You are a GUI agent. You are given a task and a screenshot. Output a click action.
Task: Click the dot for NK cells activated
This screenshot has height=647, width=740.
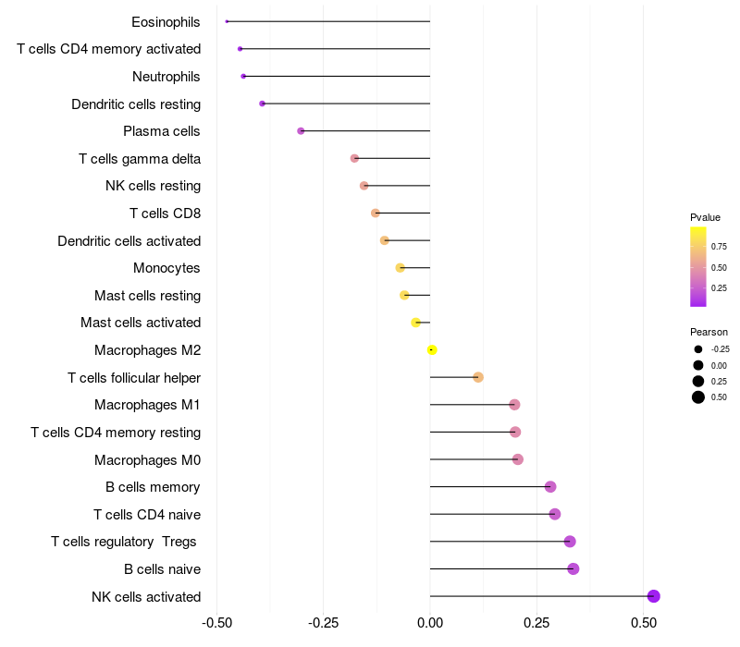click(x=653, y=596)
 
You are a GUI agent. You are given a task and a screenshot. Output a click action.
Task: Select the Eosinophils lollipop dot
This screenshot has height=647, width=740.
click(x=227, y=21)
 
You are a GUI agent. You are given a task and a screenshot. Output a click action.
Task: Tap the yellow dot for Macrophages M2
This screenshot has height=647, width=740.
click(x=432, y=350)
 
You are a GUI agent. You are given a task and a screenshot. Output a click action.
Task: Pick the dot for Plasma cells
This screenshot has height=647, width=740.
click(x=301, y=130)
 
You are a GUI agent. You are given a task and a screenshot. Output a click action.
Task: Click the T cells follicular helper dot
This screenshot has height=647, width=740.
click(x=478, y=377)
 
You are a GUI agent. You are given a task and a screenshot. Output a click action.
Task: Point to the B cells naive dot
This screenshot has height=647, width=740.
click(x=573, y=568)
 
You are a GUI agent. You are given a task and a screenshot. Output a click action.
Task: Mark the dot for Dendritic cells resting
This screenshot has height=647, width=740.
click(x=263, y=104)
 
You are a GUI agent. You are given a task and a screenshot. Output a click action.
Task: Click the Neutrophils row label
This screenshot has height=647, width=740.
click(x=166, y=77)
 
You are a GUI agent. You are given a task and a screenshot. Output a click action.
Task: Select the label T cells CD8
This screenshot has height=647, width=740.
click(x=166, y=214)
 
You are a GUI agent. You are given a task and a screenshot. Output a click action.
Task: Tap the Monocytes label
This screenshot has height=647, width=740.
click(x=166, y=268)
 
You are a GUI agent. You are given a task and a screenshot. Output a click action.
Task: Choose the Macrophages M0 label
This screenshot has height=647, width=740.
click(x=148, y=459)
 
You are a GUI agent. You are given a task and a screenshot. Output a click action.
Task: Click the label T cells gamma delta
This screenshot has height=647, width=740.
click(x=140, y=159)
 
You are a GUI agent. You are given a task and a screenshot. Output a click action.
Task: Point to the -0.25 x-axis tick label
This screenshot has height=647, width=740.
click(x=323, y=623)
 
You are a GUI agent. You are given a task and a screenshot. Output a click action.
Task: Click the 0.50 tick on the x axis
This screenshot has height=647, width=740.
click(x=644, y=623)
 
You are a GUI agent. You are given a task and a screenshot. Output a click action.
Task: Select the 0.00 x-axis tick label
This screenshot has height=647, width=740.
click(x=430, y=623)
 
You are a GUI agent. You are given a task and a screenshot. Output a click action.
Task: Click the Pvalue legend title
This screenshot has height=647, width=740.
click(x=705, y=217)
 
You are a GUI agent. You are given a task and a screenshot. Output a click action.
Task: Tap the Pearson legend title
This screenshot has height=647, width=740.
click(x=709, y=332)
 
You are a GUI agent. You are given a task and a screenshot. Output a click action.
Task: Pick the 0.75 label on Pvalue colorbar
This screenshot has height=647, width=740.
click(x=719, y=247)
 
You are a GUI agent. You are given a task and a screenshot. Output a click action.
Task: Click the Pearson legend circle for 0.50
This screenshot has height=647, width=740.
click(x=698, y=397)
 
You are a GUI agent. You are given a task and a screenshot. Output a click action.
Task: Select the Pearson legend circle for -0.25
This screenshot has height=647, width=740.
click(x=698, y=349)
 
